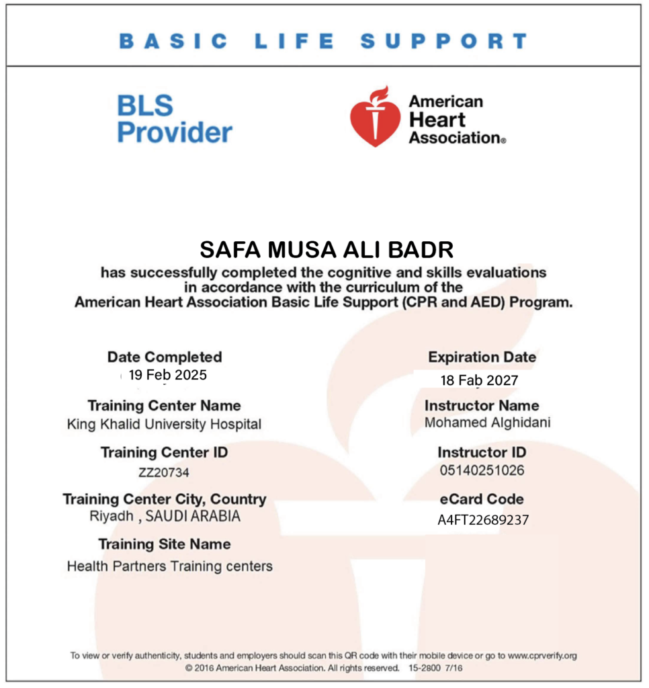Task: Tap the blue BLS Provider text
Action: click(x=174, y=119)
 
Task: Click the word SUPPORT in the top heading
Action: click(x=444, y=41)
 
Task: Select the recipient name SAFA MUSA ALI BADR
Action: click(x=327, y=250)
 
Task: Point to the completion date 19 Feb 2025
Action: click(x=168, y=375)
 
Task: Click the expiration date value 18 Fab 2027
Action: click(x=479, y=380)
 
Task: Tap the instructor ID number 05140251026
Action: click(x=481, y=470)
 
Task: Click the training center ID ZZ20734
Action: click(x=164, y=472)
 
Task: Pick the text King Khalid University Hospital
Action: click(x=164, y=425)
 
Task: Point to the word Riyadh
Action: click(x=111, y=517)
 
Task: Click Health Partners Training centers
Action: click(x=169, y=566)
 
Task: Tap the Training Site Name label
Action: click(x=165, y=544)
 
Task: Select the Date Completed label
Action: click(x=165, y=357)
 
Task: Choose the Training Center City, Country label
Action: click(x=165, y=499)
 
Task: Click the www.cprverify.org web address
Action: click(x=542, y=656)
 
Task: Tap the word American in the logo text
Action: click(x=446, y=101)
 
